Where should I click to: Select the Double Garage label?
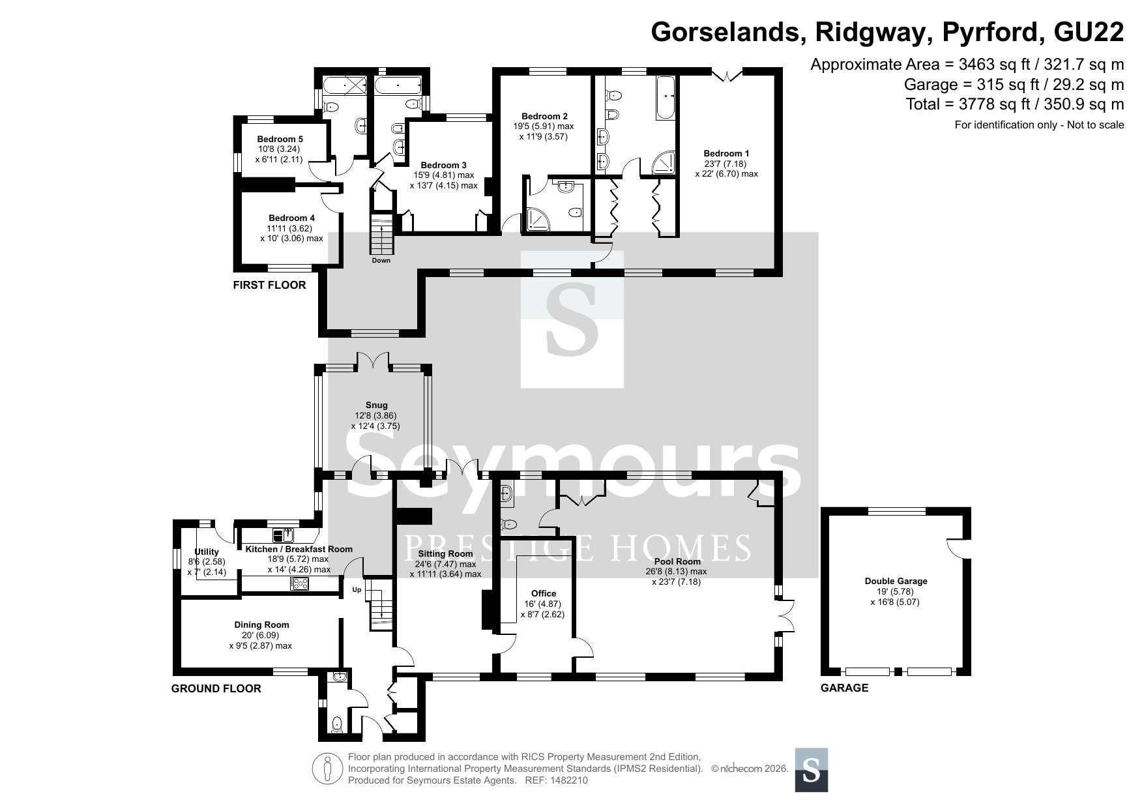pyautogui.click(x=896, y=581)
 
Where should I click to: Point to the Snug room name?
pyautogui.click(x=375, y=405)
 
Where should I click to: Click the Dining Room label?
pyautogui.click(x=261, y=625)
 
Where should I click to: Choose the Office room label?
pyautogui.click(x=544, y=593)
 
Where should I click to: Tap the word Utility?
pyautogui.click(x=207, y=552)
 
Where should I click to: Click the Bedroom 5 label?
pyautogui.click(x=280, y=139)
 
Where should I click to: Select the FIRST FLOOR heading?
pyautogui.click(x=269, y=285)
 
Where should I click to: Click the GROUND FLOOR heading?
pyautogui.click(x=216, y=688)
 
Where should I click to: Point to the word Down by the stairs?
pyautogui.click(x=381, y=261)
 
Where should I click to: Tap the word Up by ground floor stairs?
pyautogui.click(x=357, y=590)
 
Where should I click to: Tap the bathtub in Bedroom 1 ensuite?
pyautogui.click(x=666, y=97)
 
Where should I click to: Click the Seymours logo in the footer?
pyautogui.click(x=812, y=770)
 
